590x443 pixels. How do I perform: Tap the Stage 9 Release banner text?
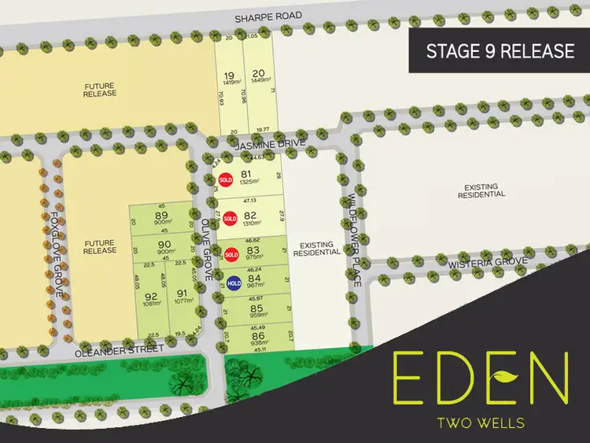(500, 52)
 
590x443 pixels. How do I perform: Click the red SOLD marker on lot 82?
(230, 218)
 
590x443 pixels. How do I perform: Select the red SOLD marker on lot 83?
(231, 254)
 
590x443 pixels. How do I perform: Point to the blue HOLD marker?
(234, 283)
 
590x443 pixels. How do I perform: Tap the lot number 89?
(162, 216)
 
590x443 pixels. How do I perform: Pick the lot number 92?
(150, 297)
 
